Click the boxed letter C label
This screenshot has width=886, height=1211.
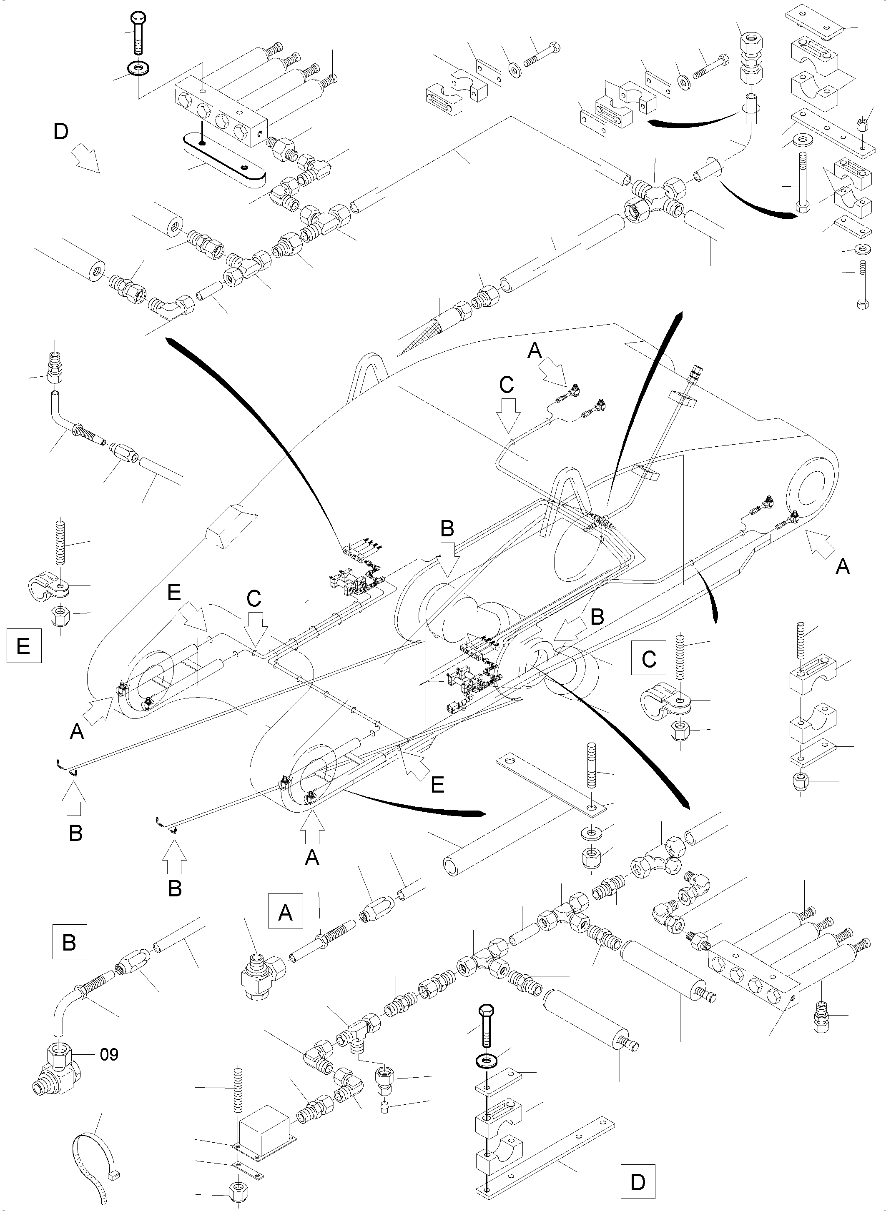coord(649,658)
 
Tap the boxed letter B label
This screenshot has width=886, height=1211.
coord(69,942)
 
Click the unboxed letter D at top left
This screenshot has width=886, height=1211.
coord(61,131)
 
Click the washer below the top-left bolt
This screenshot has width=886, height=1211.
coord(138,69)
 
